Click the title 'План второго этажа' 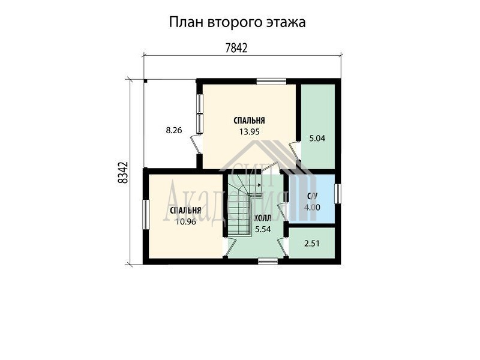237,22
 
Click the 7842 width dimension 236,48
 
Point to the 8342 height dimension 122,173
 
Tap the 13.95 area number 250,131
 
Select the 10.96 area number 186,221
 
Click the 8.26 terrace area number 174,130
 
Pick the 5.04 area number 317,139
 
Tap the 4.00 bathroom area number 312,208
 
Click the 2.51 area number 312,244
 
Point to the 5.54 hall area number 263,229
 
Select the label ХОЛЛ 263,218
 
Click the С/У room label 312,197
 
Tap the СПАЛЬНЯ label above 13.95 249,121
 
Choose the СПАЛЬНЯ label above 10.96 185,211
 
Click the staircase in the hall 242,208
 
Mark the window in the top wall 271,82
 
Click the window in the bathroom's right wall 338,193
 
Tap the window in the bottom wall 268,261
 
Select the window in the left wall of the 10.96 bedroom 146,214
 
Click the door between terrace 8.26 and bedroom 196,145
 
